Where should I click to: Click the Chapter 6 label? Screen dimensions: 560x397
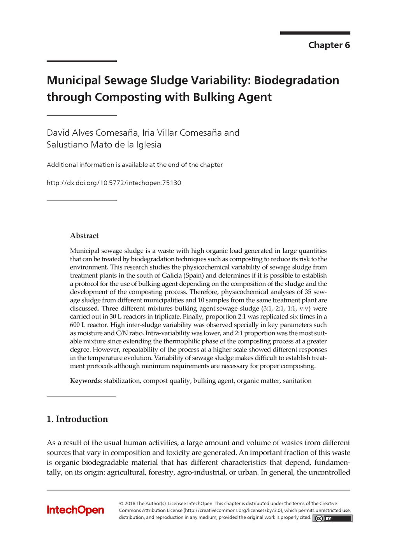point(329,45)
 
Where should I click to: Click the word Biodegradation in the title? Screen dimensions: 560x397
point(297,80)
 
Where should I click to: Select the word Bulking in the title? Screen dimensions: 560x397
point(211,97)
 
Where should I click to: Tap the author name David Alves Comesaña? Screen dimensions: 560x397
point(92,133)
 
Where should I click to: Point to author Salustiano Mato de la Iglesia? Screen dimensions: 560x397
point(104,145)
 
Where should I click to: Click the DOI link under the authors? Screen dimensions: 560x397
point(114,183)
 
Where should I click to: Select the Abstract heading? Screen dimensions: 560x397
point(84,236)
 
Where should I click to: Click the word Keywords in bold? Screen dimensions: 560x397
point(85,381)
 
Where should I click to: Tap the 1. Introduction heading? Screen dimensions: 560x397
point(77,419)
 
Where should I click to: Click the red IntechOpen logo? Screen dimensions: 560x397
point(76,510)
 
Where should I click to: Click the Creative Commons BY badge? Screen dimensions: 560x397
point(332,518)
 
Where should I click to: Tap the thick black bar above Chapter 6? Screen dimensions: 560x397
point(315,33)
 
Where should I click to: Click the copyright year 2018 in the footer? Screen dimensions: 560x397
point(130,503)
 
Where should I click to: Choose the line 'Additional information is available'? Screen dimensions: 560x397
point(135,164)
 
